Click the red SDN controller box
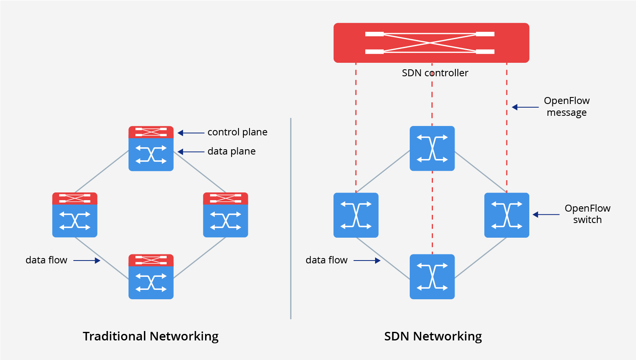(x=431, y=43)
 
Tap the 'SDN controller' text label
(x=435, y=73)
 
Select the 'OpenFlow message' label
(x=566, y=106)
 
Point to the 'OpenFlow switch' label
(x=587, y=214)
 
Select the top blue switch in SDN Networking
(x=432, y=148)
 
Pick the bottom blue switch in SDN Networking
(x=432, y=277)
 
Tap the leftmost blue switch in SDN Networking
(x=356, y=215)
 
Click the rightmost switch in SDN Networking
(x=506, y=215)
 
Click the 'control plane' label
(x=237, y=132)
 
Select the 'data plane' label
(x=231, y=151)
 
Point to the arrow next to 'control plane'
(x=191, y=133)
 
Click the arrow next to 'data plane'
(x=191, y=152)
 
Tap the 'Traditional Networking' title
(x=150, y=336)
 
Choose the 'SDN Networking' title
(x=433, y=336)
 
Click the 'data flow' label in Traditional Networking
(x=46, y=260)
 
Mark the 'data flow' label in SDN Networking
(x=326, y=260)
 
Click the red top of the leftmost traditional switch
(x=75, y=199)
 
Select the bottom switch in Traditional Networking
(x=151, y=277)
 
